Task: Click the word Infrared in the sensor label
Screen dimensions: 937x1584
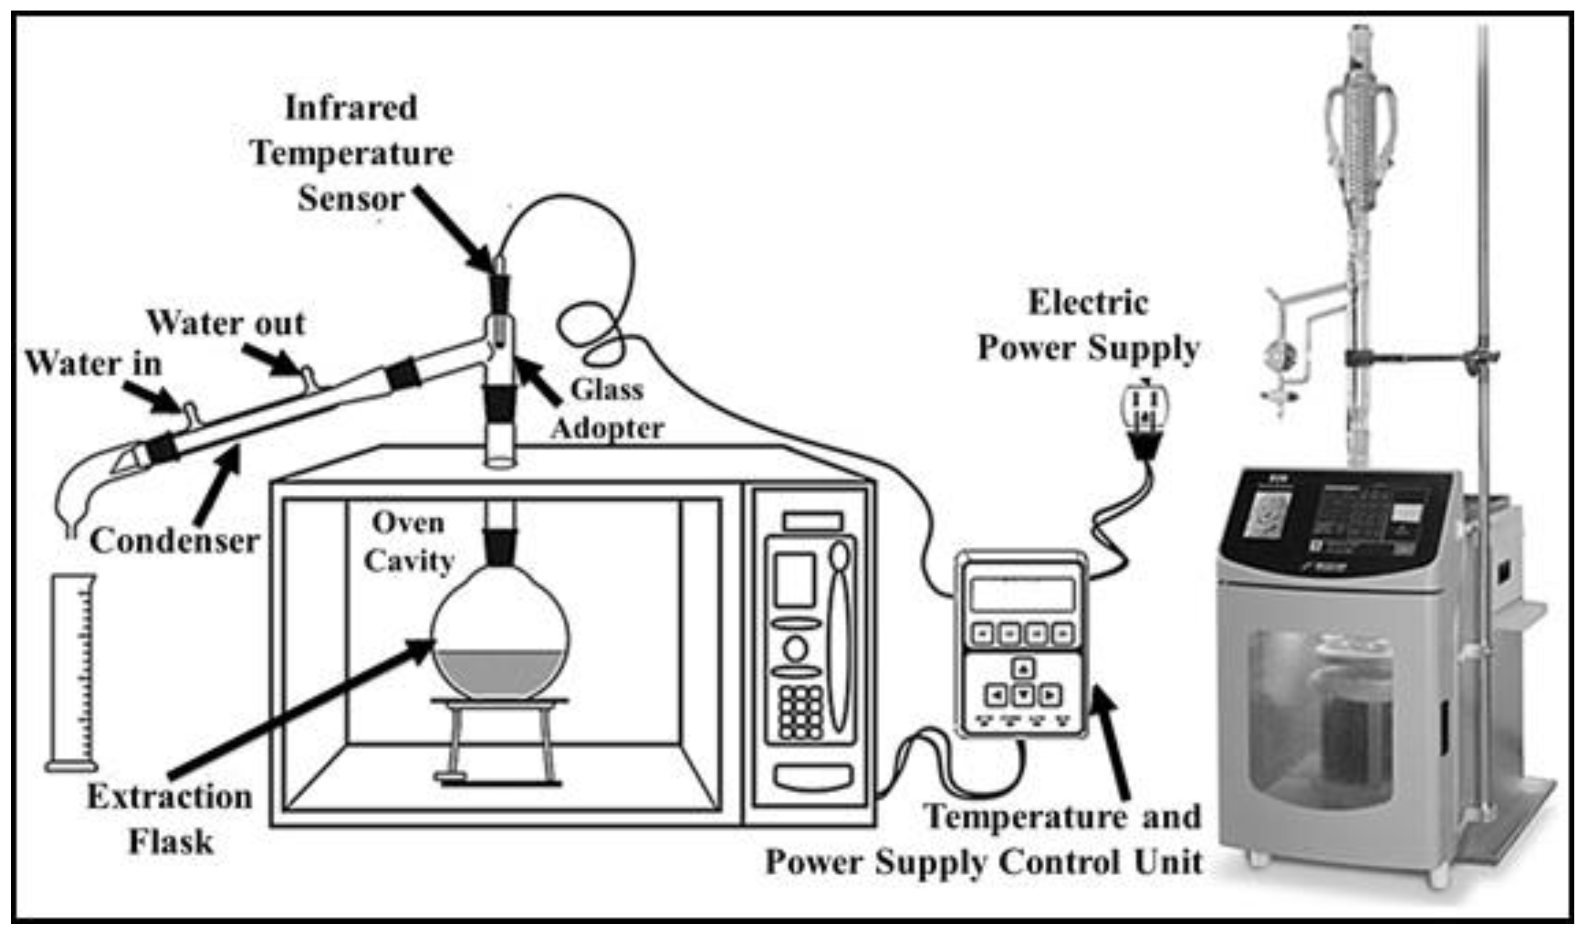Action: (351, 108)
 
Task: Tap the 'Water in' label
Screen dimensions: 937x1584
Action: (93, 364)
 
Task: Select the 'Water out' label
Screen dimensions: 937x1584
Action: (226, 324)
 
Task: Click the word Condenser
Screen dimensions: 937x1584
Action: (175, 541)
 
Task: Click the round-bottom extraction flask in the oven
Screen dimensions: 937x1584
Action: (500, 638)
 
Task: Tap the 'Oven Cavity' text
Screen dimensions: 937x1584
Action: (409, 542)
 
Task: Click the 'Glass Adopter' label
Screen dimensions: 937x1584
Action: (607, 409)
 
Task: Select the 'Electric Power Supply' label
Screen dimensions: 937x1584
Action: (1088, 326)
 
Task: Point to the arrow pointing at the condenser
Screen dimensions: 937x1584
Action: (218, 486)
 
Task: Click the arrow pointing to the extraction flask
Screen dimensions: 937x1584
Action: (303, 707)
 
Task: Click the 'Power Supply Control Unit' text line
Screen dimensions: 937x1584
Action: (983, 862)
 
